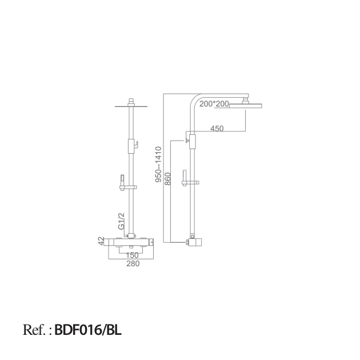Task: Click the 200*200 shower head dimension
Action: click(x=215, y=103)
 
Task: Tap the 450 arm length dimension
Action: click(x=217, y=129)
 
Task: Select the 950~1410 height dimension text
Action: click(x=159, y=165)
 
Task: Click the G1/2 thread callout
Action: click(x=121, y=221)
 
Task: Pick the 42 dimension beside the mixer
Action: click(x=101, y=242)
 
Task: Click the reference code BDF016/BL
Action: click(x=89, y=330)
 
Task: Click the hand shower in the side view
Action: click(x=185, y=175)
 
